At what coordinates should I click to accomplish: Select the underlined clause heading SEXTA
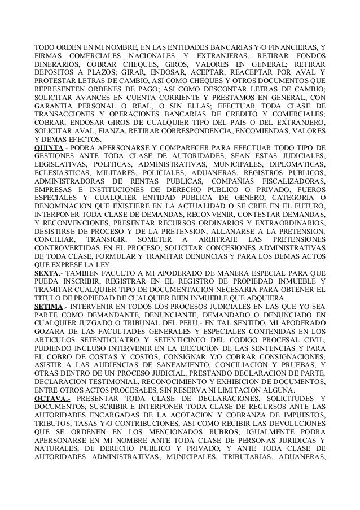click(x=45, y=273)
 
